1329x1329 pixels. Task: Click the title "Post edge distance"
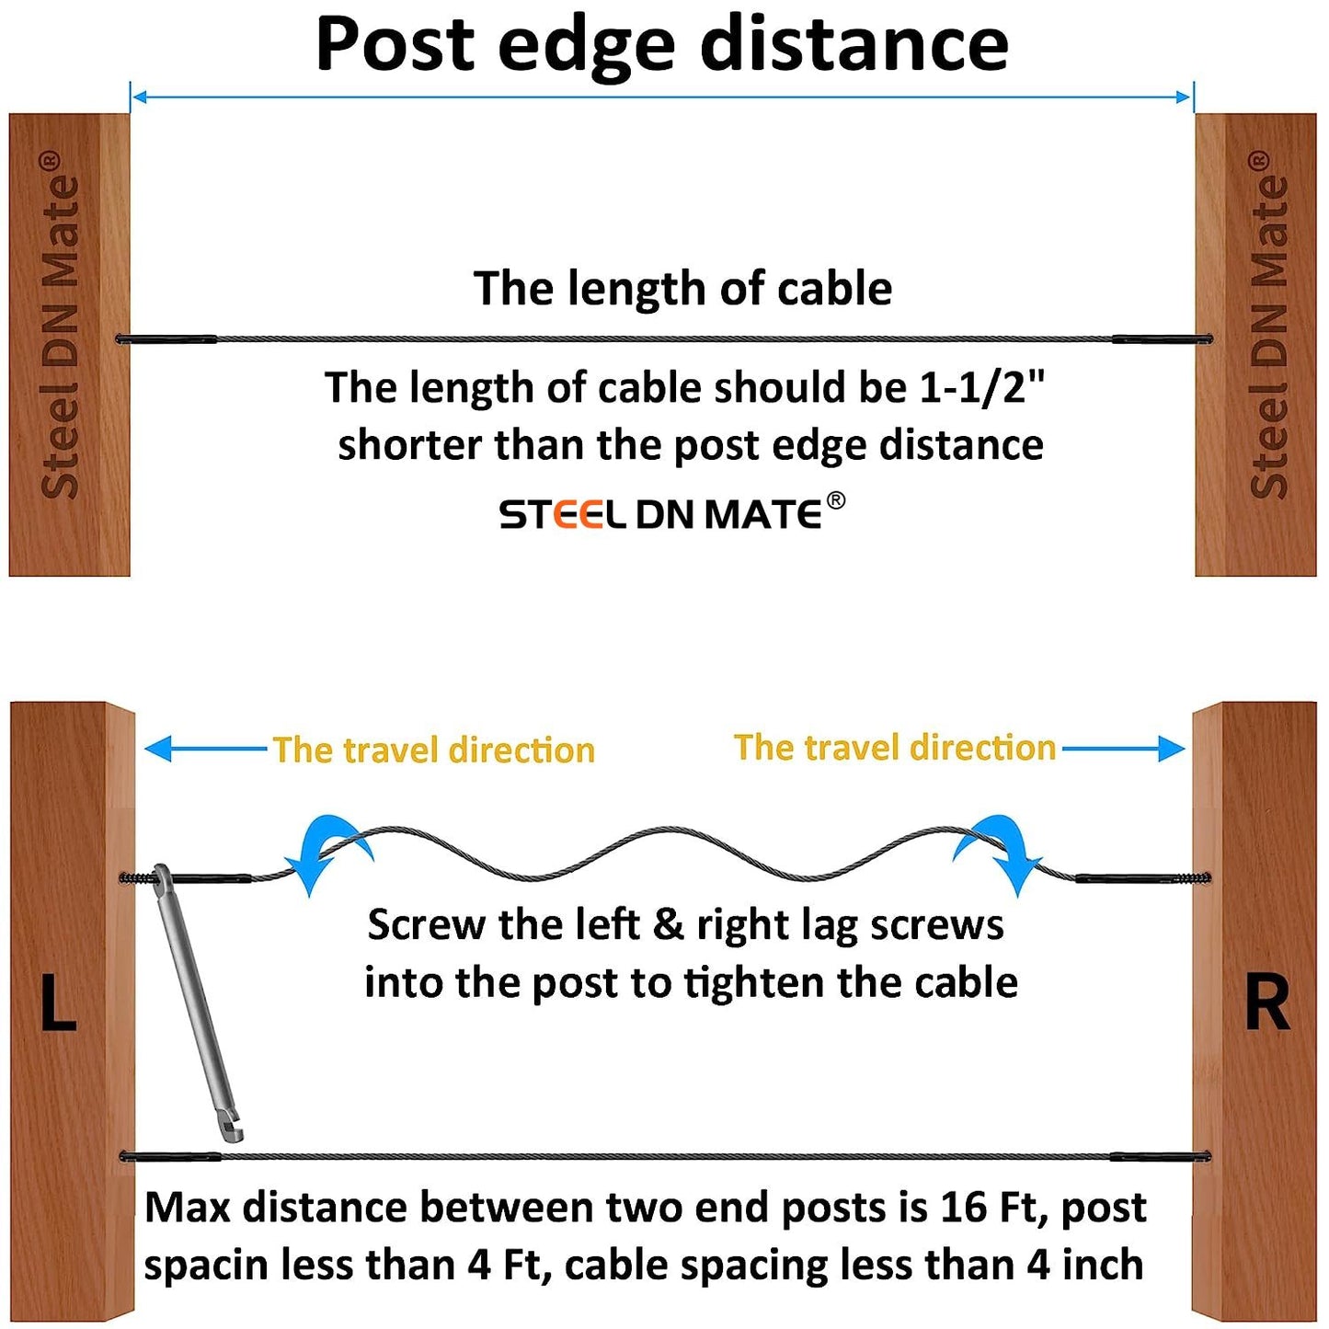662,43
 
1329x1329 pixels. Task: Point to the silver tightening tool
197,1002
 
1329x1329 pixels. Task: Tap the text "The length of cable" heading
682,289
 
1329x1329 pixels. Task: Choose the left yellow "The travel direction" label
433,750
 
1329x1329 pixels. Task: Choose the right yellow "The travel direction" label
894,748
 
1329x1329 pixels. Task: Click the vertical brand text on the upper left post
61,327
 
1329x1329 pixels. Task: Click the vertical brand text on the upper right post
1269,327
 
